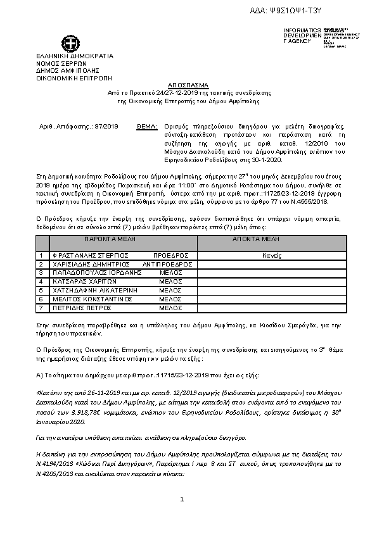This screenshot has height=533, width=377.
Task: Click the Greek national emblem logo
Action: pos(70,44)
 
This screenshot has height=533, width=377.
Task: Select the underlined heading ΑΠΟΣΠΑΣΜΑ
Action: pos(188,84)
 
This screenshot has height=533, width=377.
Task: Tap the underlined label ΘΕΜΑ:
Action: pos(146,127)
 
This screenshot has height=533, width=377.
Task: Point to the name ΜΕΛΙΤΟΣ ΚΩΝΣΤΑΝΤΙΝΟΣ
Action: pos(92,298)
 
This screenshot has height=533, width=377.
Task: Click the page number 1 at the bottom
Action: pos(182,500)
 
